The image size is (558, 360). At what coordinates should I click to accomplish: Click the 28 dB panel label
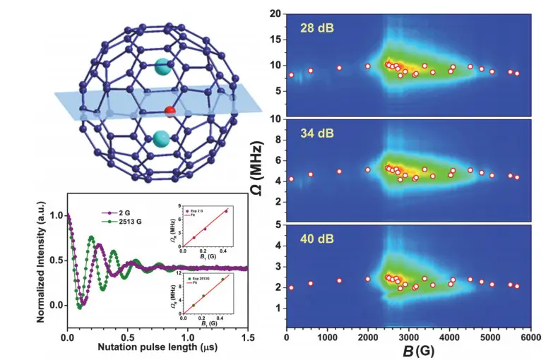[x=314, y=28]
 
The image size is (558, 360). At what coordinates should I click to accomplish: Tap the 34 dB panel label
[x=314, y=135]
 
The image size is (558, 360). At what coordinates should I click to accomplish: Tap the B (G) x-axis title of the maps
[x=408, y=351]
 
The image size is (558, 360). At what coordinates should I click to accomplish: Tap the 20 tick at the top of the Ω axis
[x=276, y=14]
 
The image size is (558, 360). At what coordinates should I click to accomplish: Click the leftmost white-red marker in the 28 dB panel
[x=291, y=75]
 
